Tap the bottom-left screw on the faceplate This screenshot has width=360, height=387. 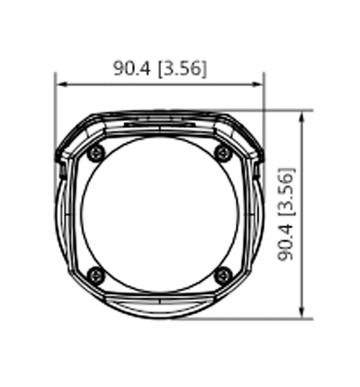coord(96,274)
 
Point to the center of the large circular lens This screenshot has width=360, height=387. coord(160,213)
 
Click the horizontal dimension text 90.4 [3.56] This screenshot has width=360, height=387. coord(159,67)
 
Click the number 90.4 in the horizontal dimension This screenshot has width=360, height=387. coord(132,67)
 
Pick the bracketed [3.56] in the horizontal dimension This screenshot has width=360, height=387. coord(183,67)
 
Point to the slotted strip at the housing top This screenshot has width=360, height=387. coord(160,117)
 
